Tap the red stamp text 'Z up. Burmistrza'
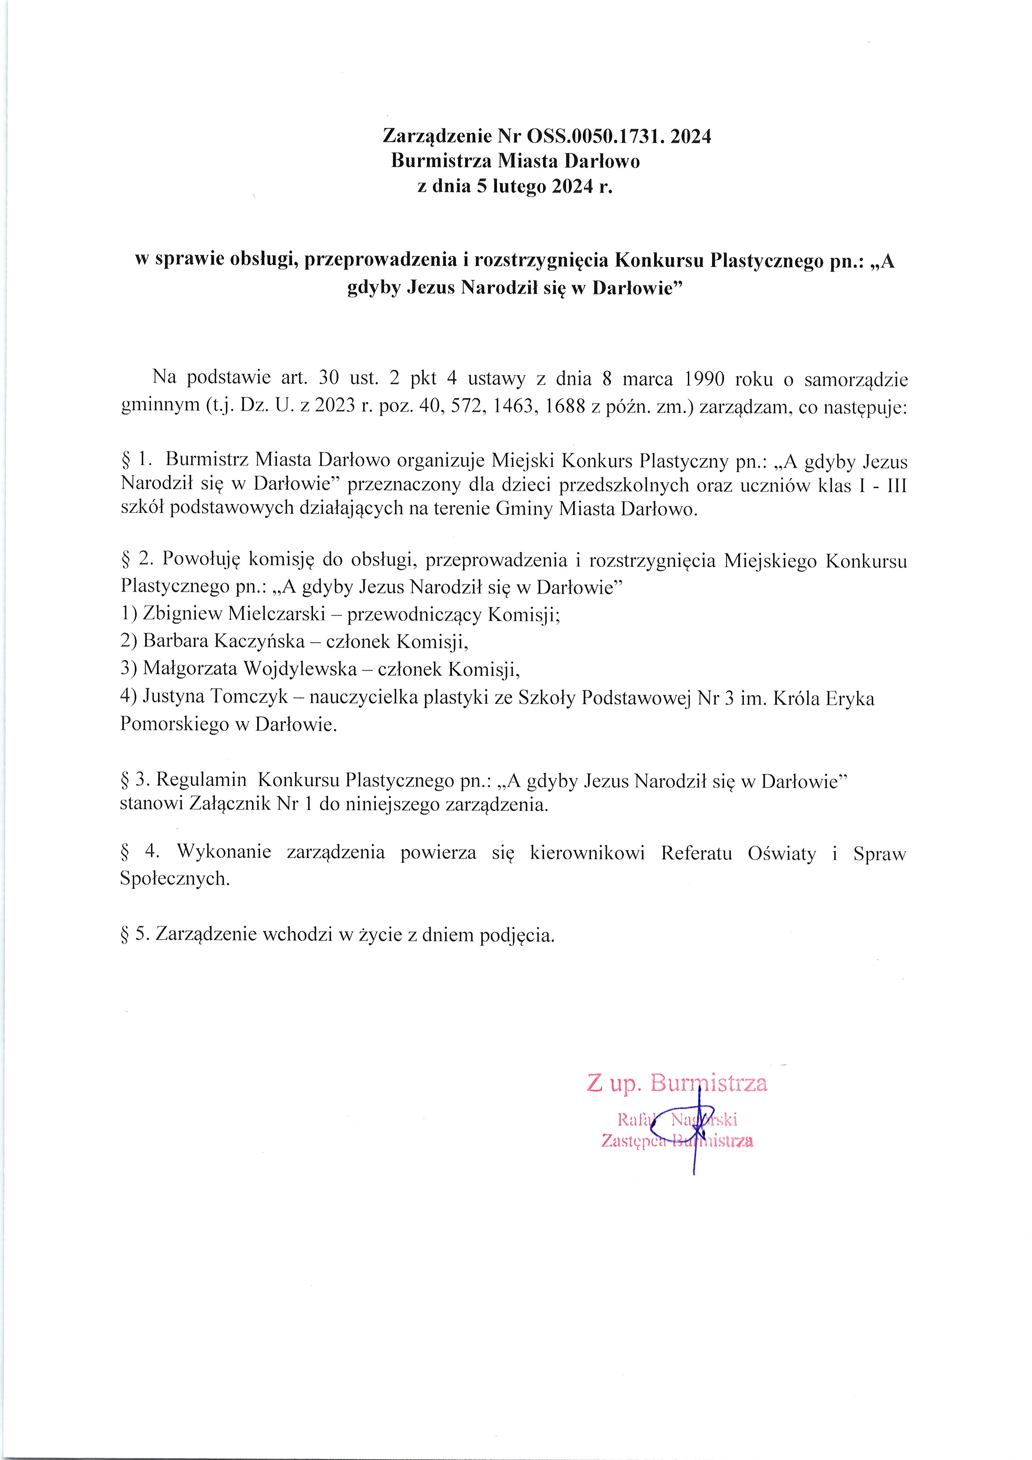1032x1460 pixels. tap(677, 1083)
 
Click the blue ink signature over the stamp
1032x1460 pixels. tap(695, 1125)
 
